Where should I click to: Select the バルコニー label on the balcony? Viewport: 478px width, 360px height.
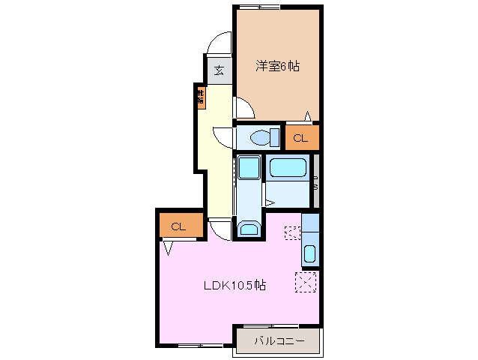click(x=278, y=341)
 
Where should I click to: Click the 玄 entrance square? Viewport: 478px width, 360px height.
click(x=219, y=70)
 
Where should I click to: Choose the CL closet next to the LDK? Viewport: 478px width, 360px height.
click(x=180, y=226)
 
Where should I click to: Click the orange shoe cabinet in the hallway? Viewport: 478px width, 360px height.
click(x=200, y=97)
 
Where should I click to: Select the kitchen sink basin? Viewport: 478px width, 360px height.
click(x=310, y=253)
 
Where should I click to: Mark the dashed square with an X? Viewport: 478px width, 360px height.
click(x=305, y=282)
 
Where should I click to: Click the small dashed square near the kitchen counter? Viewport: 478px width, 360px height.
click(x=291, y=232)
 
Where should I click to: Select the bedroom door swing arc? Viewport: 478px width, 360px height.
click(x=245, y=109)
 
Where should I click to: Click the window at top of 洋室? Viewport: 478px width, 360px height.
click(x=260, y=7)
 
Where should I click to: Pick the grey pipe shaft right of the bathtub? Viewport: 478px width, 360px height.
click(x=315, y=180)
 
